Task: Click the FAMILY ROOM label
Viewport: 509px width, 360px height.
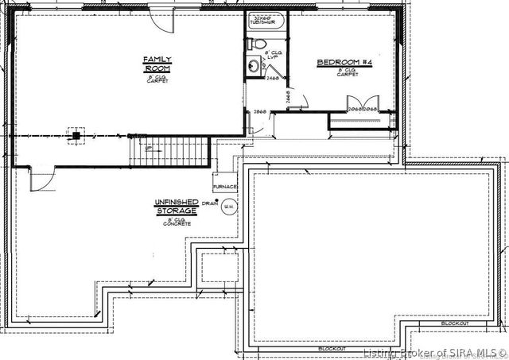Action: (152, 64)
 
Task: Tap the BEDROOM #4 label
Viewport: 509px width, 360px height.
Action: (340, 63)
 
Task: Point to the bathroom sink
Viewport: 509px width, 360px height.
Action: (253, 68)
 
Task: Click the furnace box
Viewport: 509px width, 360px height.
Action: (225, 187)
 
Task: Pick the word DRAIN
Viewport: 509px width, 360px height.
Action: (210, 203)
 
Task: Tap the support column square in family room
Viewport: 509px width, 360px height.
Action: (76, 135)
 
